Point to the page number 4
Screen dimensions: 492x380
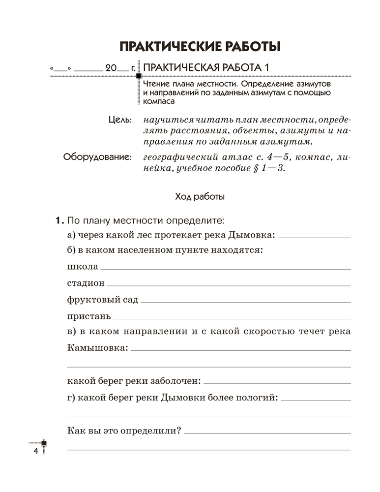(35, 452)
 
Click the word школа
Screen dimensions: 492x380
(81, 267)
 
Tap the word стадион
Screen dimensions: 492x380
(85, 283)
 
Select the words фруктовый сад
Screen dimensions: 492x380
(102, 299)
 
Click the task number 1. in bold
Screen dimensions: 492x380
(59, 219)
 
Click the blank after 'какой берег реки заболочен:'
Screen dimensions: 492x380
(277, 383)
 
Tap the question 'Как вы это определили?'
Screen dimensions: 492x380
(123, 430)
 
